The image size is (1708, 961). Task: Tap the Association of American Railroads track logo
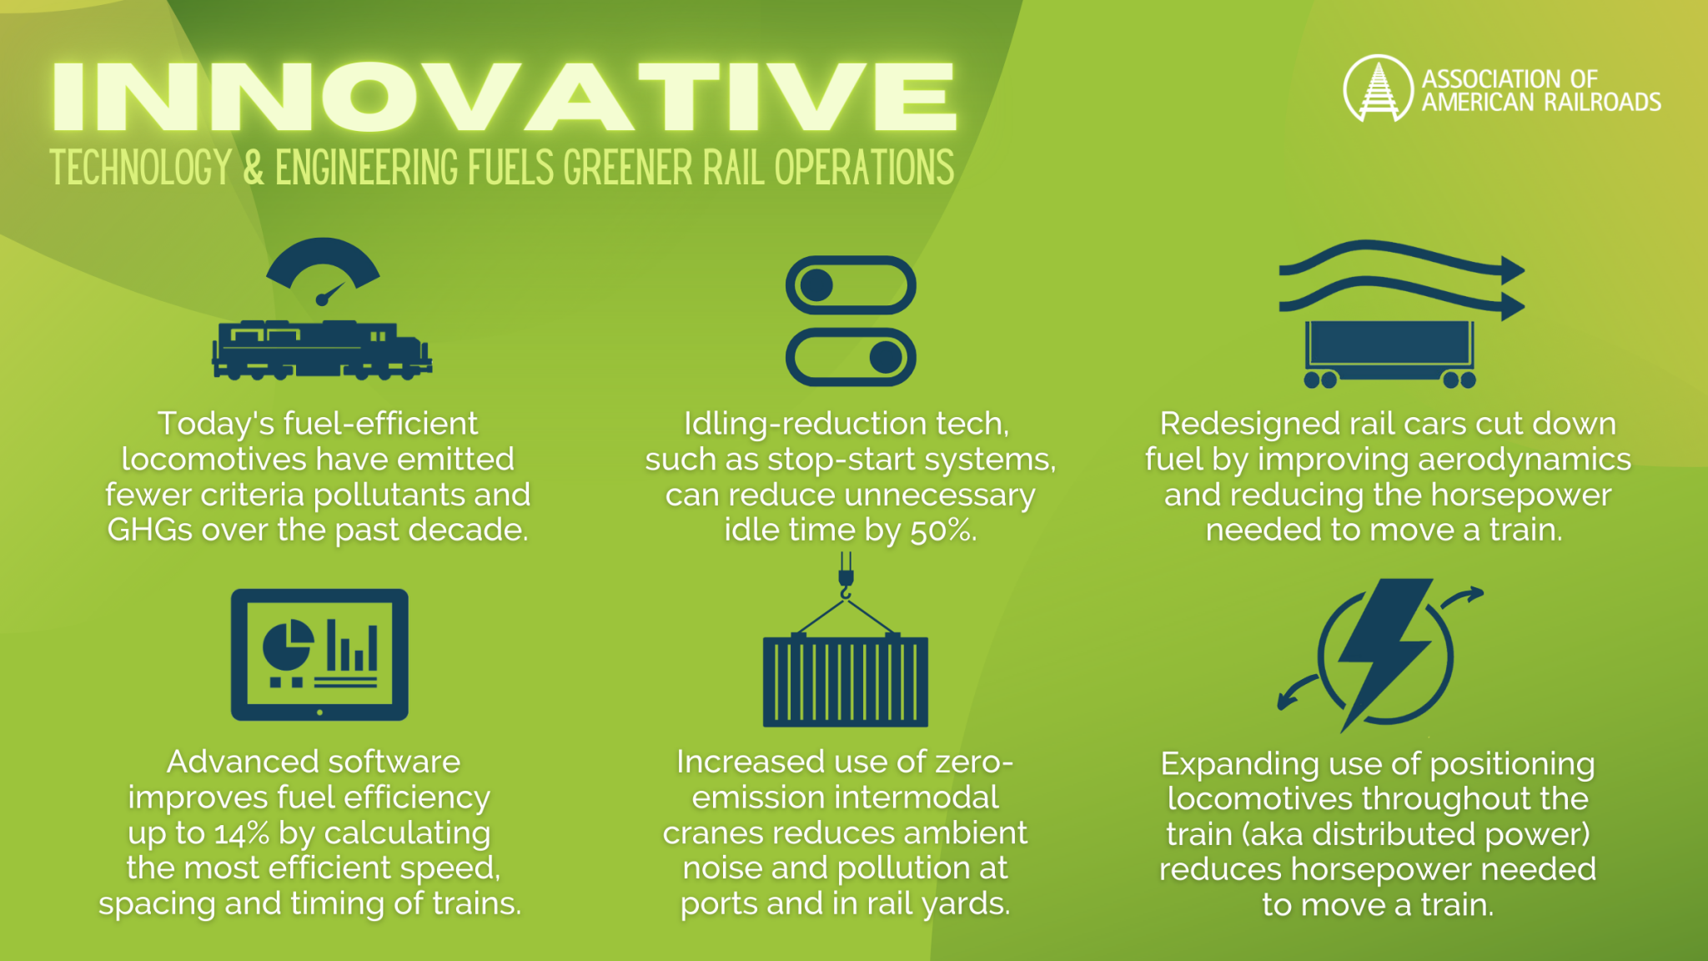[x=1378, y=88]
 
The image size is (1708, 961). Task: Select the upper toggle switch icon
[x=851, y=285]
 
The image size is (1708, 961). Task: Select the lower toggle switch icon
[x=851, y=357]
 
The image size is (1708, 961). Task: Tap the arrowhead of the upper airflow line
[x=1511, y=270]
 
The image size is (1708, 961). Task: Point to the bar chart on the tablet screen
[x=352, y=646]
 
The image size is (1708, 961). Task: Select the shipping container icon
[x=846, y=681]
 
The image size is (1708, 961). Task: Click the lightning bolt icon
[x=1384, y=651]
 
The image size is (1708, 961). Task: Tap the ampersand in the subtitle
[x=254, y=168]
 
